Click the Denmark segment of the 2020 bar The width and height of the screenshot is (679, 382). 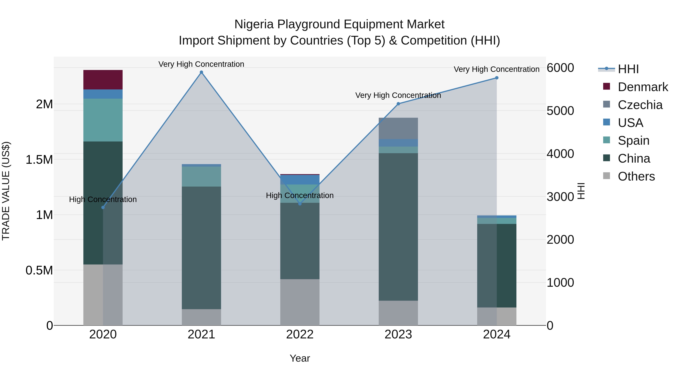103,80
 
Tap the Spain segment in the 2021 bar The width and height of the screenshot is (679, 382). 201,176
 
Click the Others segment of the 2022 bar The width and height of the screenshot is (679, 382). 300,302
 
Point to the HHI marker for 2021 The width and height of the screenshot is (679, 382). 201,72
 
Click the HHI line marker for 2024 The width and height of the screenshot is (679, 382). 497,78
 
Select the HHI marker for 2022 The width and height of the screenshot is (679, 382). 300,204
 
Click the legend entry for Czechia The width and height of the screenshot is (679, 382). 640,105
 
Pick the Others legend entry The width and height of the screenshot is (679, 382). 636,176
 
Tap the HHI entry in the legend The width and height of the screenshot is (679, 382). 628,69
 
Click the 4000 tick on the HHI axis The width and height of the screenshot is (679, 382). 560,154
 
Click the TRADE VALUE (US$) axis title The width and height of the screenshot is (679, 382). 6,191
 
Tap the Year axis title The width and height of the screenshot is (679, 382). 300,358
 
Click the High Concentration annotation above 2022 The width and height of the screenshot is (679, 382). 300,195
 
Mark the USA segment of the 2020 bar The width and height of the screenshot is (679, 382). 103,94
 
